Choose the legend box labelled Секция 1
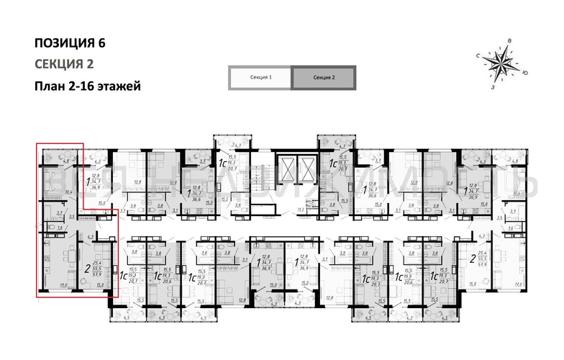(260, 77)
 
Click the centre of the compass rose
(499, 63)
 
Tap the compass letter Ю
(526, 73)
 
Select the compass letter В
(509, 41)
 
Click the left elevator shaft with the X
(288, 171)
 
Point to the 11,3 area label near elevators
(300, 210)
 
